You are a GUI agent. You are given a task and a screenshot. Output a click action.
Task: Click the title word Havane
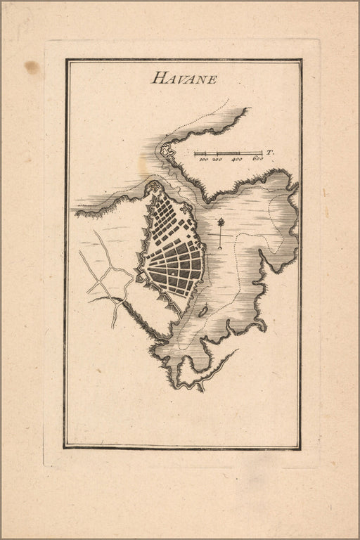point(184,78)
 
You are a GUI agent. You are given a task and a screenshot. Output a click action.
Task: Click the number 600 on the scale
point(257,160)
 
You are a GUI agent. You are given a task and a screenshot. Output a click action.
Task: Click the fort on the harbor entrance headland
point(167,150)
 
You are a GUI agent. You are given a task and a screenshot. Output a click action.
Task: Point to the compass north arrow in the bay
point(221,232)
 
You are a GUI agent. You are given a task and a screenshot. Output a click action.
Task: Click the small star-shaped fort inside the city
point(185,209)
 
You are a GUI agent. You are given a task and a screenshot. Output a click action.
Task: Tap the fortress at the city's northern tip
point(153,188)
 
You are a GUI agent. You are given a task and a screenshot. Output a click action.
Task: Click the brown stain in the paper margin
point(32,67)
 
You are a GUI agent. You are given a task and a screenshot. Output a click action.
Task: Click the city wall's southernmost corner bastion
point(181,313)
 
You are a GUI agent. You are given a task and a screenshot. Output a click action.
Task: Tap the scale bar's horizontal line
point(229,153)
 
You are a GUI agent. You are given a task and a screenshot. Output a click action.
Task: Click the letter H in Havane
point(157,78)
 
